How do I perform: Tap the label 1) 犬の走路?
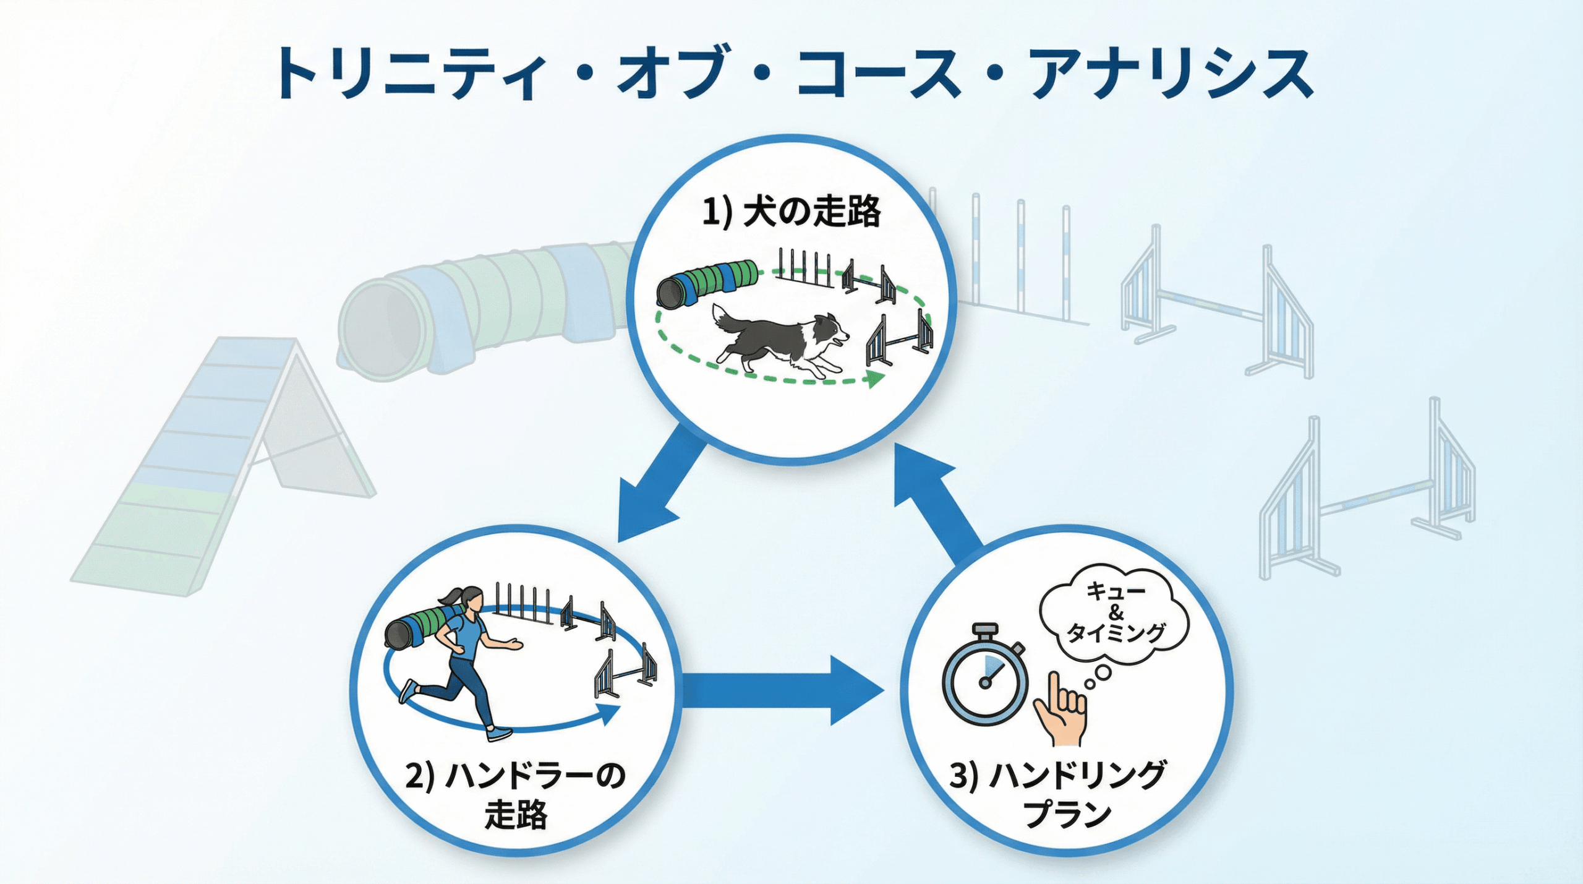(x=791, y=212)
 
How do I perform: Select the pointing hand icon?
(x=1061, y=711)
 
